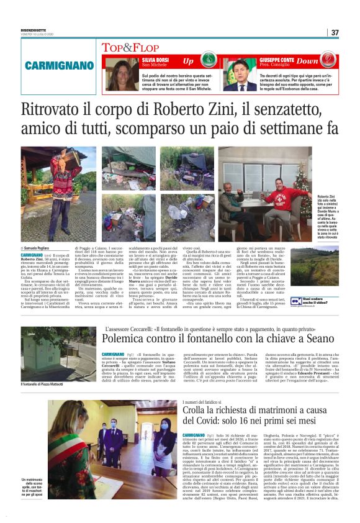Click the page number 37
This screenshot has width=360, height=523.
[x=335, y=33]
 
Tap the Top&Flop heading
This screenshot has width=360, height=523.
[x=125, y=47]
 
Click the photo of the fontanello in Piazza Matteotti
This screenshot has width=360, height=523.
[x=49, y=353]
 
